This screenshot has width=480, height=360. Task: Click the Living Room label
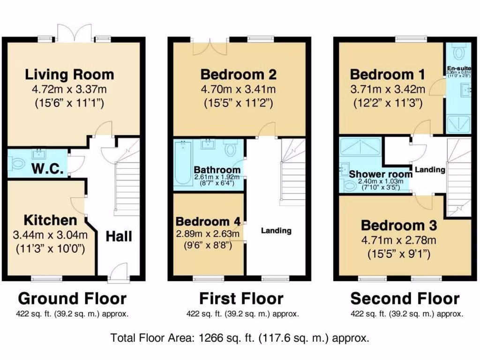coord(69,75)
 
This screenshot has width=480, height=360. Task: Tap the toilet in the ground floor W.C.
coord(18,164)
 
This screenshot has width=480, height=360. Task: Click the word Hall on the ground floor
coord(119,236)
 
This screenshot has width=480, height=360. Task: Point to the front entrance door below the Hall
coord(118,273)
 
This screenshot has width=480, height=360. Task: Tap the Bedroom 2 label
coord(238,75)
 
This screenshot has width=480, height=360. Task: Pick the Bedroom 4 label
coord(208,221)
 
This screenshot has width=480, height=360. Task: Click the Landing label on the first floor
coord(276,231)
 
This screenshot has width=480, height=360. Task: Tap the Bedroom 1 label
coord(388,75)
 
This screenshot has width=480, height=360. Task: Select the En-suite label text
coord(459,68)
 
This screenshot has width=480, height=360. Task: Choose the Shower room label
coord(381,173)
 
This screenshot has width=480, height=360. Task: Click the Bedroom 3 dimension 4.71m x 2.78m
coord(398,241)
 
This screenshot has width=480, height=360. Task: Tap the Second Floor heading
coord(405,299)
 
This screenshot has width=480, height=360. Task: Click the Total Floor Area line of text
coord(240,337)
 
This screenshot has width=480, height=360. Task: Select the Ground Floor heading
coord(72,299)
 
